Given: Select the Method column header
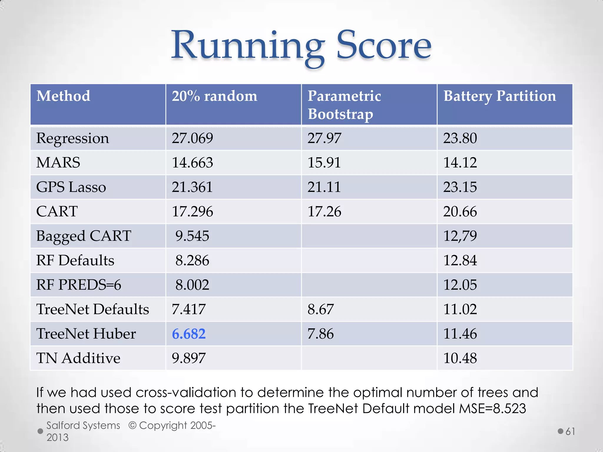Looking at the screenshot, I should click(x=63, y=96).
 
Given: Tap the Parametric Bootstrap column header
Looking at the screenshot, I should click(x=344, y=105).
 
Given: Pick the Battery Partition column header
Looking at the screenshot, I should click(x=500, y=96).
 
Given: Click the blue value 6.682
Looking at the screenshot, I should click(x=189, y=334).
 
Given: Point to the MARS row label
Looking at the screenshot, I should click(x=58, y=163).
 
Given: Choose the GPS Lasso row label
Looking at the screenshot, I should click(x=71, y=187).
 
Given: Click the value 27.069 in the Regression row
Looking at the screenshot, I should click(x=192, y=138).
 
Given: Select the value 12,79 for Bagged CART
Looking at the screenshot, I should click(x=460, y=236).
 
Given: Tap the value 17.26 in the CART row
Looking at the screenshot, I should click(x=324, y=212).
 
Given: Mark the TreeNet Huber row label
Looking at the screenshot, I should click(x=86, y=334).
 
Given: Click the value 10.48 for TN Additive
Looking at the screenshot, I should click(x=460, y=358).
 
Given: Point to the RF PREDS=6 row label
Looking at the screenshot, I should click(x=79, y=285).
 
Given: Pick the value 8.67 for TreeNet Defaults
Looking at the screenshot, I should click(x=321, y=310).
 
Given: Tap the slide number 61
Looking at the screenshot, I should click(x=570, y=431).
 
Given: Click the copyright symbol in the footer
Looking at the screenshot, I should click(x=132, y=426).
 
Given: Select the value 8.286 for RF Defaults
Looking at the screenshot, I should click(x=192, y=261).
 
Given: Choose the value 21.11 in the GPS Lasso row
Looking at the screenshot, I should click(x=324, y=187).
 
